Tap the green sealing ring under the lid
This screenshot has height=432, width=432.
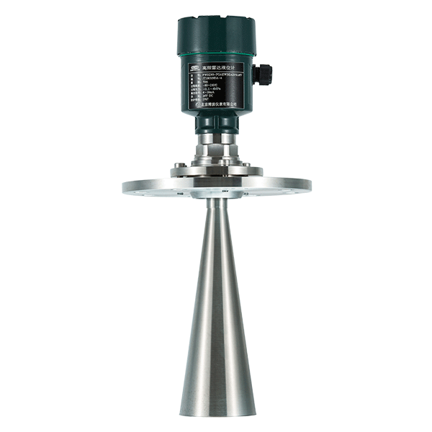click(x=217, y=54)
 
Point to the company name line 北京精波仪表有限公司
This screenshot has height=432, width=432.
click(x=217, y=104)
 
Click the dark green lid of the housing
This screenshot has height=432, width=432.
click(x=217, y=32)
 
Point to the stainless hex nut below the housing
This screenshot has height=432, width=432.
click(x=217, y=148)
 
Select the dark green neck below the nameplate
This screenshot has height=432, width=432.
click(x=217, y=122)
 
